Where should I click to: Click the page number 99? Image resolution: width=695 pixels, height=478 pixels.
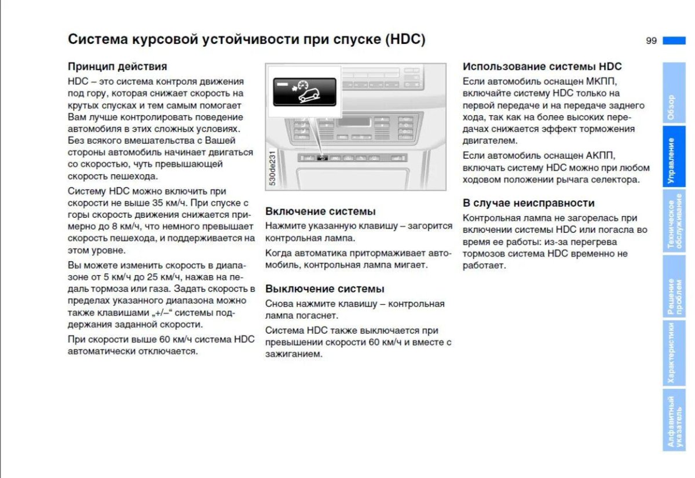coord(651,41)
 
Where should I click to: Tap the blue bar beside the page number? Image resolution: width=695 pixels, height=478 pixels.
coord(674,41)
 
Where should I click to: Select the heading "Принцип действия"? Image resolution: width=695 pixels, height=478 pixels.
coord(117,67)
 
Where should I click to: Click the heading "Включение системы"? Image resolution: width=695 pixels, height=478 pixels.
coord(320,211)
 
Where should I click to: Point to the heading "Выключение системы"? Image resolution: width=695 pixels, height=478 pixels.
coord(324,289)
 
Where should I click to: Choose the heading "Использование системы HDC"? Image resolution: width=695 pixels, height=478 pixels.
coord(542,67)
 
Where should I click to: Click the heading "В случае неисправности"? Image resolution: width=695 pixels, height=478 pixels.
coord(528,203)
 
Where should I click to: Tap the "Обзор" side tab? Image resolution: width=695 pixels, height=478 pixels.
coord(674,96)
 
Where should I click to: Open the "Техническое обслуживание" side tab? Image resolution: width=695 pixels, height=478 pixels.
coord(674,224)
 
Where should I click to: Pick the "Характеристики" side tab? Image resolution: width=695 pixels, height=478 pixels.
coord(674,353)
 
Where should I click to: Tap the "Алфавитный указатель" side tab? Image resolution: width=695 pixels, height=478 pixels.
coord(674,421)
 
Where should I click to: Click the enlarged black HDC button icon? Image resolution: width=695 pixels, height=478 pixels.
coord(305,92)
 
